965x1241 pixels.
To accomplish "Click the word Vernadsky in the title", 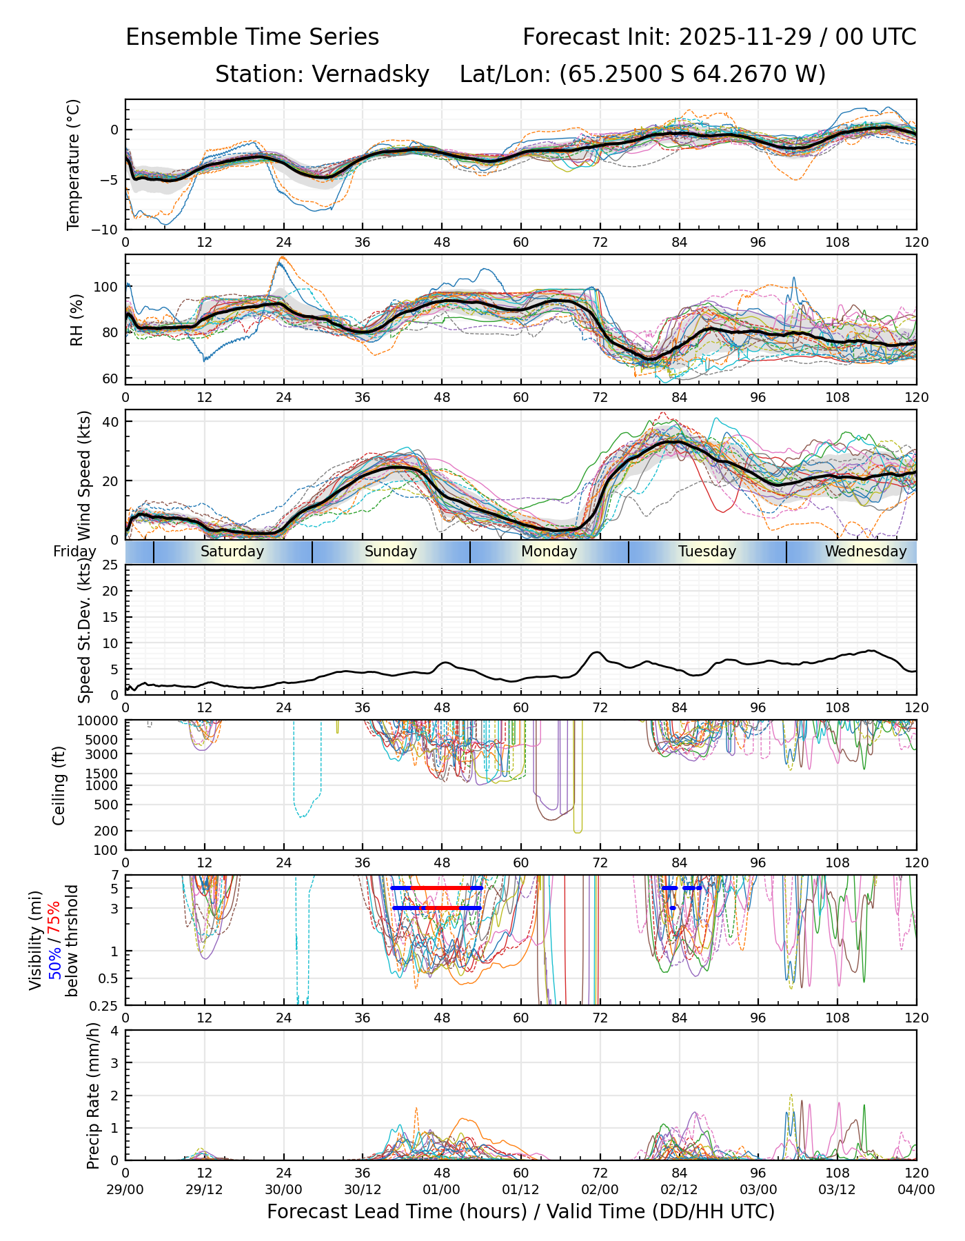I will point(370,74).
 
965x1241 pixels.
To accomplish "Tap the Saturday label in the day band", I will point(232,552).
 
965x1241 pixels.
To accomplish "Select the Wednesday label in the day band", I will point(866,552).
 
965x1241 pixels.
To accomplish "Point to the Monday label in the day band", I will point(549,552).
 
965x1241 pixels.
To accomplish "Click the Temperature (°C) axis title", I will point(74,164).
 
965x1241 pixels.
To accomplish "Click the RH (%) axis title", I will point(77,319).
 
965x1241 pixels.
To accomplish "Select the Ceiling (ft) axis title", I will point(59,785).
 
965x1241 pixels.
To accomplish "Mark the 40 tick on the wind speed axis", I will point(110,421).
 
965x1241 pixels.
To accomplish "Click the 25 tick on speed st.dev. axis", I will point(110,565).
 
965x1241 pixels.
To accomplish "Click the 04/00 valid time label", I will point(916,1189).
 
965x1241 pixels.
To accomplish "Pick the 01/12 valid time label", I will point(520,1189).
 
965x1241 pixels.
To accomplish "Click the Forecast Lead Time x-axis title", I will point(520,1212).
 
